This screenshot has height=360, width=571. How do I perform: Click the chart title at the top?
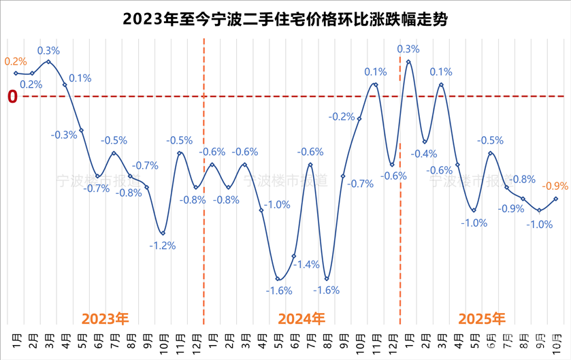point(285,20)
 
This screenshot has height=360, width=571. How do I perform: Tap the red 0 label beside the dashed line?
point(12,97)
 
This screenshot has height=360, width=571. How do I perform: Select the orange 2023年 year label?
point(105,318)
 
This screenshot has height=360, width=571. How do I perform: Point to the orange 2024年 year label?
point(302,318)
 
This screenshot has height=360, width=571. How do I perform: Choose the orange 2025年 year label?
point(482,318)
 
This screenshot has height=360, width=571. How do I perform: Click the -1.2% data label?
point(162,246)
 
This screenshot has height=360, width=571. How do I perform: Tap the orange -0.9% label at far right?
point(555,185)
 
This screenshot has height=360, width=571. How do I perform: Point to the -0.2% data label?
point(342,117)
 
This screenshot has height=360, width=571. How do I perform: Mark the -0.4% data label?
point(424,154)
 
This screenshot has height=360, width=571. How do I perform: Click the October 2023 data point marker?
point(163,233)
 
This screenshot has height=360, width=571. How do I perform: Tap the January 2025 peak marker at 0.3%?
point(408,62)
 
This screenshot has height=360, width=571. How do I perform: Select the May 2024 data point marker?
point(278,278)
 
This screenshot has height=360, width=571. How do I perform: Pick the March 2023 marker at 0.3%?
point(48,62)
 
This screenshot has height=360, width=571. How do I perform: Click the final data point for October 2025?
point(556,199)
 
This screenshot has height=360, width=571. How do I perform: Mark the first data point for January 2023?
point(16,73)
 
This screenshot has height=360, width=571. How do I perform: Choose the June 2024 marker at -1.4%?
point(294,256)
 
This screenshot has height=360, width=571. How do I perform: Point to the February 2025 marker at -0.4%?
point(425,142)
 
